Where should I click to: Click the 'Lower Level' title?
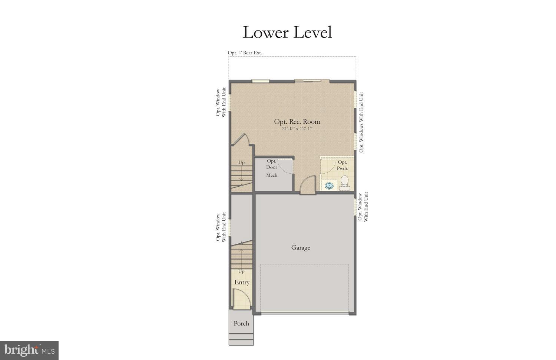click(287, 32)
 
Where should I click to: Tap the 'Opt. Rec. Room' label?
click(297, 121)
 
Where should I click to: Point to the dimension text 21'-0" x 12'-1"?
click(297, 129)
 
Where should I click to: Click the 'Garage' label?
click(300, 247)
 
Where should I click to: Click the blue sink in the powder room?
click(329, 185)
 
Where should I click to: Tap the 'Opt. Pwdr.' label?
click(342, 165)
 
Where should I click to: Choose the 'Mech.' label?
click(272, 175)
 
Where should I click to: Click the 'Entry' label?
click(242, 282)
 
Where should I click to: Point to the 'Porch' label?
click(241, 323)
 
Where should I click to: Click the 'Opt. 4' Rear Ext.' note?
click(245, 53)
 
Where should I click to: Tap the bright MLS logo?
click(29, 350)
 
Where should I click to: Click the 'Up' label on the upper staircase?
click(241, 163)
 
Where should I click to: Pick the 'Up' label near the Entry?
click(241, 271)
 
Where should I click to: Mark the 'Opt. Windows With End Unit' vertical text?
click(361, 122)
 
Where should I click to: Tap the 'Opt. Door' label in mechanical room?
click(272, 164)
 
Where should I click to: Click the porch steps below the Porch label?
click(241, 339)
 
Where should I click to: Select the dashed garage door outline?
click(304, 288)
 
